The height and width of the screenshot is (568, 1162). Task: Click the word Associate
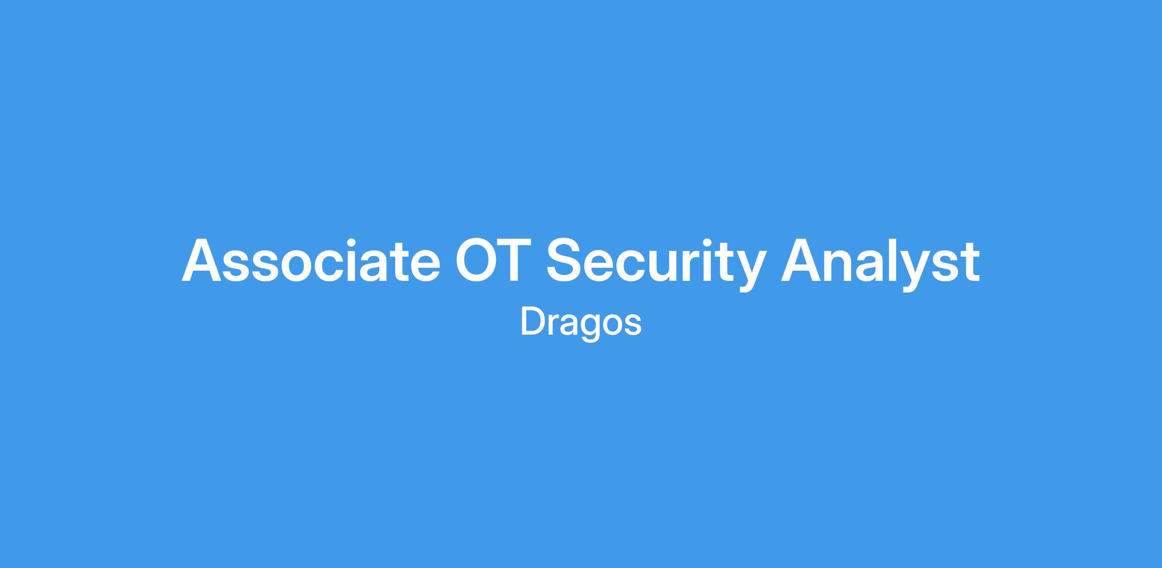[x=311, y=261]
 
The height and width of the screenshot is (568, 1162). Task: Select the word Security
[x=657, y=264]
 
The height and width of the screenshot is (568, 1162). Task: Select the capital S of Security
[x=566, y=261]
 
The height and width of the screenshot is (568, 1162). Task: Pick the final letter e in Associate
[x=424, y=266]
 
